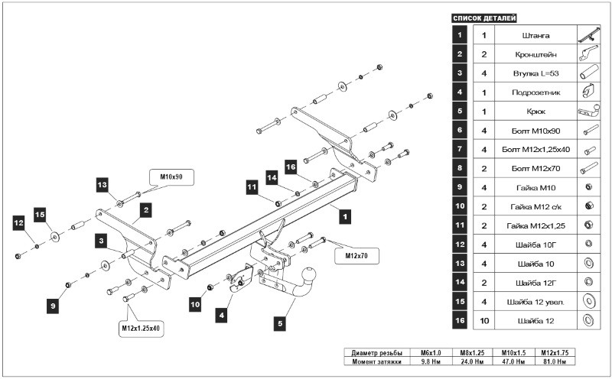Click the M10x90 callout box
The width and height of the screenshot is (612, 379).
click(x=171, y=177)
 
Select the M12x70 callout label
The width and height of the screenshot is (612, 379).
click(x=356, y=255)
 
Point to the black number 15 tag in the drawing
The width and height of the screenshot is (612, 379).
click(x=40, y=214)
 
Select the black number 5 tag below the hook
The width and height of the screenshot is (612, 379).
click(x=280, y=324)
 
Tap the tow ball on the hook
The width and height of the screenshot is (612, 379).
click(x=311, y=274)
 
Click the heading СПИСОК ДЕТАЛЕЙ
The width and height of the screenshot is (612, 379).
click(x=484, y=18)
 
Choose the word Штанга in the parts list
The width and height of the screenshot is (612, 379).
click(x=533, y=35)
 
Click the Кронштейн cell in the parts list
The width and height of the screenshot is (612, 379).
click(x=533, y=54)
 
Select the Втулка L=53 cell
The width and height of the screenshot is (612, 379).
click(x=533, y=73)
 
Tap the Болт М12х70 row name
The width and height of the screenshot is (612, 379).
click(x=533, y=168)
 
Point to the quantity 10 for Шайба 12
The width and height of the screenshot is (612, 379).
click(x=483, y=320)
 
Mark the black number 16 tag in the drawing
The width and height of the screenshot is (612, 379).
click(x=290, y=166)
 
